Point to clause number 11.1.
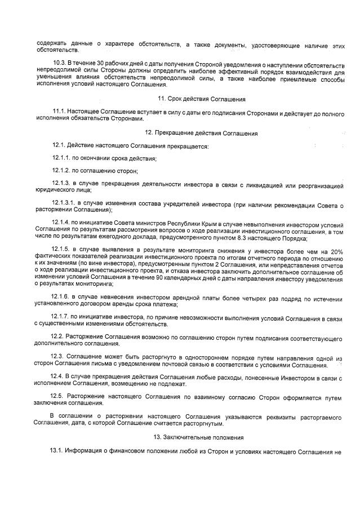click(59, 112)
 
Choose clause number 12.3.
click(57, 357)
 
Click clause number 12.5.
click(57, 397)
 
